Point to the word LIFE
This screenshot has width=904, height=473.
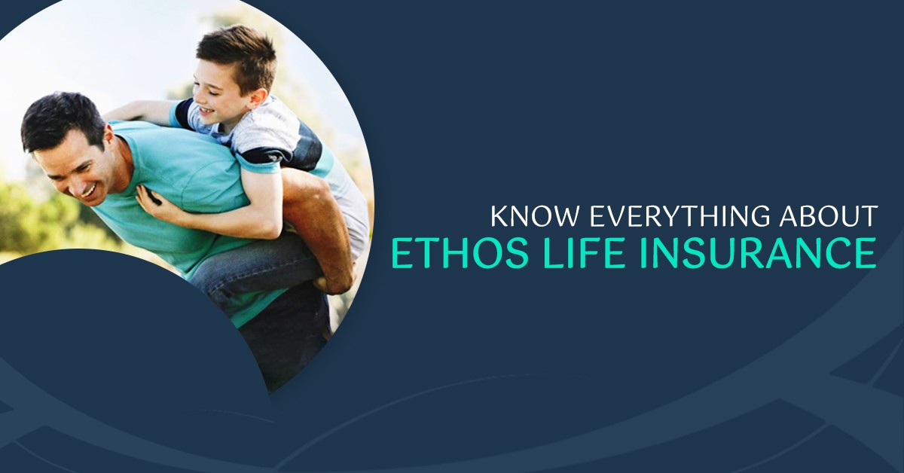coord(585,252)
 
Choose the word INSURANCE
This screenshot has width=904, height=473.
coord(759,252)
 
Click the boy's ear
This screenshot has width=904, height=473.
coord(257,98)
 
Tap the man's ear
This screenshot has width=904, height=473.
coord(110,137)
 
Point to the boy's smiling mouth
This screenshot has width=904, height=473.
coord(206,109)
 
